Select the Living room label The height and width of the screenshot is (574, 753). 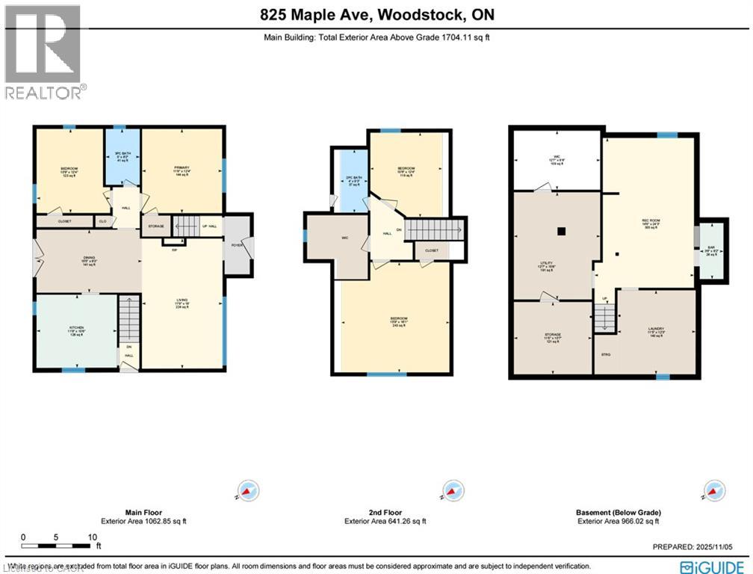(182, 303)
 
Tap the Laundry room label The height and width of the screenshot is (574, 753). (655, 330)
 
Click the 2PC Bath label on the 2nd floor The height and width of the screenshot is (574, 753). (352, 179)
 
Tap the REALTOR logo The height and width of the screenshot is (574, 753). (43, 52)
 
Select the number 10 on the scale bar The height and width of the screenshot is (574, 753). (93, 537)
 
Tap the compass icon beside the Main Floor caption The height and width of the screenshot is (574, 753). (247, 490)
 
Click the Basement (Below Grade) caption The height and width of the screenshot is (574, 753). (618, 512)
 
